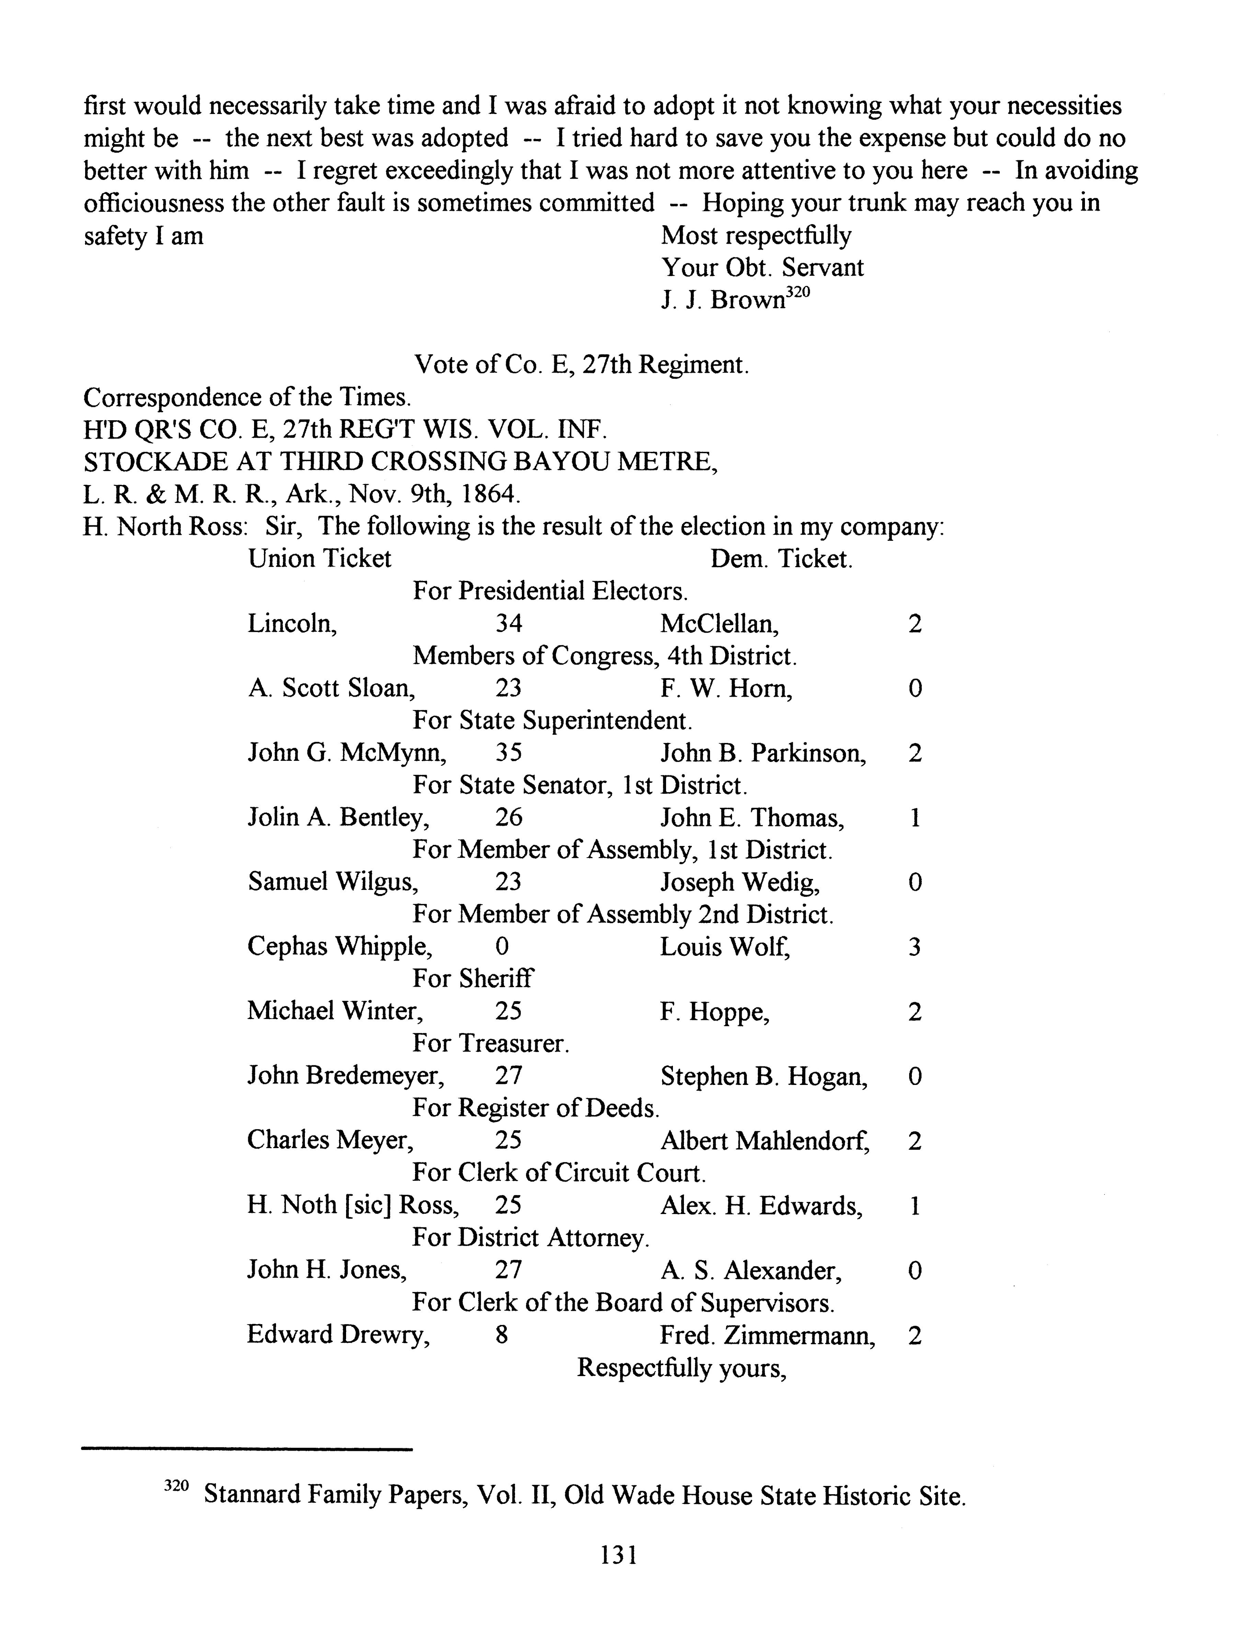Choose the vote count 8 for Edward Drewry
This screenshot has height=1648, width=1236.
click(501, 1334)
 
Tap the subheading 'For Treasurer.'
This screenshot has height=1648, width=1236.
click(491, 1043)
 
